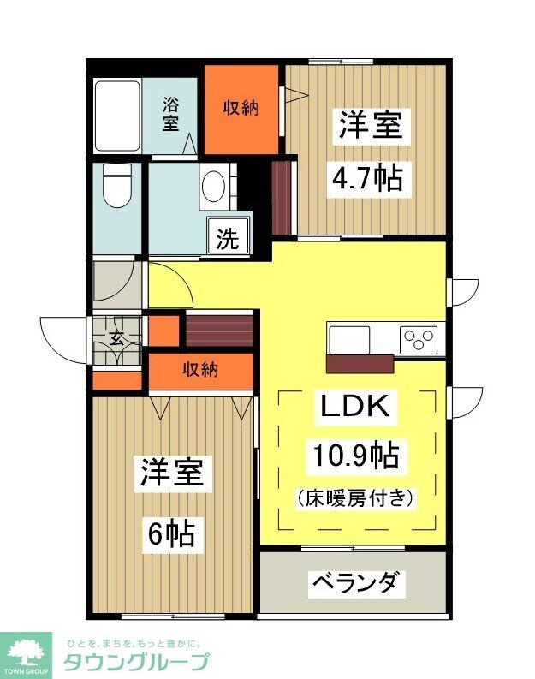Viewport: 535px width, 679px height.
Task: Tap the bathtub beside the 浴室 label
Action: [117, 116]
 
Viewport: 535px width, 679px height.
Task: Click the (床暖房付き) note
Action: [355, 497]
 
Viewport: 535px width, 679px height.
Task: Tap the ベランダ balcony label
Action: [354, 584]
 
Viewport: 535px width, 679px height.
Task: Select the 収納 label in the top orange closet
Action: [241, 109]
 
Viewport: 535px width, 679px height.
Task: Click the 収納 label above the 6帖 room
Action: [201, 370]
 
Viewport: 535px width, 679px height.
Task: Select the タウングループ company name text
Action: [136, 662]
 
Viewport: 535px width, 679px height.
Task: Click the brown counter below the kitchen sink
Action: [360, 363]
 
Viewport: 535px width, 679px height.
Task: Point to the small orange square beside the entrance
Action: [163, 331]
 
